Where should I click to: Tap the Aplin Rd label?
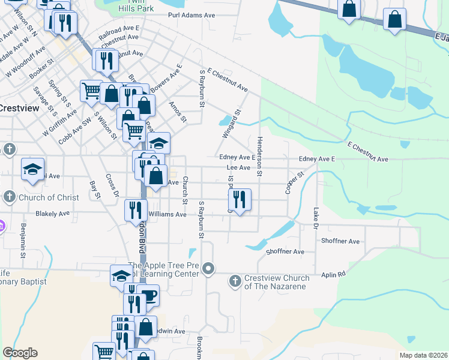[x=333, y=274]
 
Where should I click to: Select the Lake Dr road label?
[x=316, y=218]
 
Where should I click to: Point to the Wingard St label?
[x=231, y=124]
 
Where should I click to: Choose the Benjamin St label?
[x=23, y=240]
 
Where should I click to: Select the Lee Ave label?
[x=238, y=168]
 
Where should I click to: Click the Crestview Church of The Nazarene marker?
[x=235, y=280]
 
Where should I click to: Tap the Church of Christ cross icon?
[x=9, y=197]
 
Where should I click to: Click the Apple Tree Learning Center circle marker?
[x=208, y=268]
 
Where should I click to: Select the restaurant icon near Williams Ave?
[x=135, y=210]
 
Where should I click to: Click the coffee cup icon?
[x=148, y=295]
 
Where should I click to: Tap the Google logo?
[x=19, y=353]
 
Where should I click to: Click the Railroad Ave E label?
[x=119, y=28]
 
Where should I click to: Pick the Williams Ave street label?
[x=168, y=214]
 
